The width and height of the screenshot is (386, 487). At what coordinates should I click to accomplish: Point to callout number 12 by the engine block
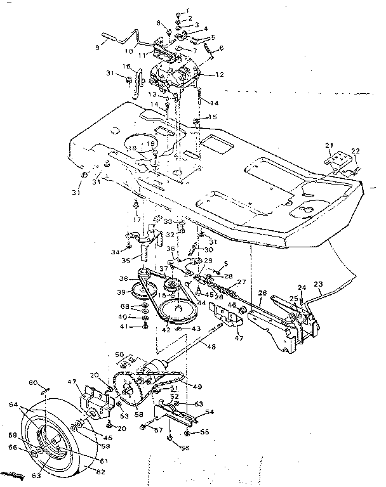tap(220, 74)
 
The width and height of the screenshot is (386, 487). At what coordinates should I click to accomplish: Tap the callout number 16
tap(127, 66)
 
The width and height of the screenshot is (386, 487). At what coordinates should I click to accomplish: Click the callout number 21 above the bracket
tap(329, 146)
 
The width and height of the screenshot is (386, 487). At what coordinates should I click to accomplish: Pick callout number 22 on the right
tap(356, 150)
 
